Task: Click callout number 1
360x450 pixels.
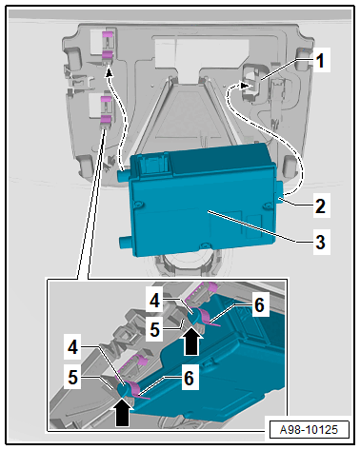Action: pyautogui.click(x=320, y=60)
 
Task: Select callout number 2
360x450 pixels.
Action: pyautogui.click(x=320, y=205)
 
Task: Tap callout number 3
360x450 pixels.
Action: pyautogui.click(x=320, y=242)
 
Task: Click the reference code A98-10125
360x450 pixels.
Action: pyautogui.click(x=309, y=430)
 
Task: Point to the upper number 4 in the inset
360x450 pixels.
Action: pyautogui.click(x=154, y=301)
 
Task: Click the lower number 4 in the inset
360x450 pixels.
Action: pyautogui.click(x=73, y=347)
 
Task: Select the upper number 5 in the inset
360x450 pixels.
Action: pyautogui.click(x=154, y=330)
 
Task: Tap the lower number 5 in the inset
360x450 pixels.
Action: pyautogui.click(x=73, y=378)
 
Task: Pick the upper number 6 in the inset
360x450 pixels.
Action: pyautogui.click(x=259, y=305)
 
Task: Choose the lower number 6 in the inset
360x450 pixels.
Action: pyautogui.click(x=189, y=378)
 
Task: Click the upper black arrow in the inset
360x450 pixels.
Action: pyautogui.click(x=191, y=342)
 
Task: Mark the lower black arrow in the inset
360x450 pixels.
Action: pyautogui.click(x=123, y=412)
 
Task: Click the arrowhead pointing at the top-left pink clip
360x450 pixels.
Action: pyautogui.click(x=109, y=73)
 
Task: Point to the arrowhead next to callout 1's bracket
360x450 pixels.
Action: pyautogui.click(x=244, y=86)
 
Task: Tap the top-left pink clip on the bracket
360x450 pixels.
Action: pyautogui.click(x=108, y=45)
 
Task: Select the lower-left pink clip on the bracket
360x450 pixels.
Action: pyautogui.click(x=107, y=110)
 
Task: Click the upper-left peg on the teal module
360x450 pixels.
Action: pyautogui.click(x=124, y=175)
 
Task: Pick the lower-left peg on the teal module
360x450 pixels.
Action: pyautogui.click(x=126, y=243)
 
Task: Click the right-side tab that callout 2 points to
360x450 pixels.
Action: pyautogui.click(x=280, y=192)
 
